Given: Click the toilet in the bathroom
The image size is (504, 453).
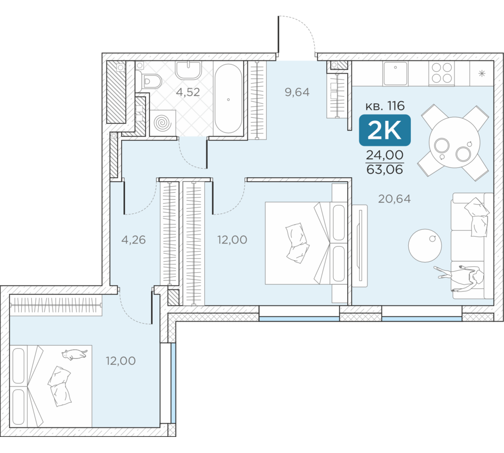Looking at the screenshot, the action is tap(149, 80).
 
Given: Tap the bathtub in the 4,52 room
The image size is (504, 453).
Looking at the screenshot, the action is tap(228, 98).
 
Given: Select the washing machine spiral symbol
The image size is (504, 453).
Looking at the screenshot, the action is tap(163, 123).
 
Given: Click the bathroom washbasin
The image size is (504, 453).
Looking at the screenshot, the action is tap(188, 70).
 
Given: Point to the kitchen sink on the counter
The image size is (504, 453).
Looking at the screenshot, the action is tap(395, 73).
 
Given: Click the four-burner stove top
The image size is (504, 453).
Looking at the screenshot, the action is tap(442, 73).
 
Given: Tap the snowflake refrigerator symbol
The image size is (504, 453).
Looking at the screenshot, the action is tap(481, 74).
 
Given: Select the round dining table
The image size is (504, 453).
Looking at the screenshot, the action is tap(455, 142).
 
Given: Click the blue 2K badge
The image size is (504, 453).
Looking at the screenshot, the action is tap(385, 130).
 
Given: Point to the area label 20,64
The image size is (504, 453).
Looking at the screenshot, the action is tap(395, 199).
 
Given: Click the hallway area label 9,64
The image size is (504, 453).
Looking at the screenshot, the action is tap(297, 92).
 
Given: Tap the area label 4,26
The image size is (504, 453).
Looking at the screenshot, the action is tap(134, 240).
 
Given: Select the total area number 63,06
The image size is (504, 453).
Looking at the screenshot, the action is tap(385, 169).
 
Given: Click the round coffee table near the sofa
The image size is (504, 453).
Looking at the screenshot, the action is tap(425, 246).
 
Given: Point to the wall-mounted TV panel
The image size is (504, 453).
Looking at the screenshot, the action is tap(360, 246).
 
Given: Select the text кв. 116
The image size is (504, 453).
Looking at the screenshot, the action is tap(385, 106).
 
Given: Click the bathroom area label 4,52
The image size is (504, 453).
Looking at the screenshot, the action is tap(188, 92).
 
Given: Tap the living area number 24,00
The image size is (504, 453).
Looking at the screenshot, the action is tap(385, 155).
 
